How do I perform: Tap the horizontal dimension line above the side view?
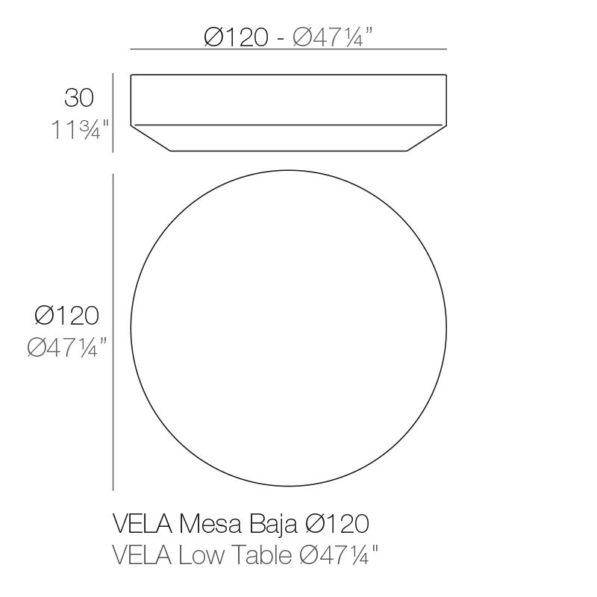tap(288, 49)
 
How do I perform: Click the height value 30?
tap(79, 98)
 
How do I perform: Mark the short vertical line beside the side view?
tap(113, 112)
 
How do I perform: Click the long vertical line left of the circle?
tap(113, 332)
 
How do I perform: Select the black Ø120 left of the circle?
tap(66, 316)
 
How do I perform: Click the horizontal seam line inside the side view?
tap(288, 124)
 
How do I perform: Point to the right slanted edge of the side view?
tap(428, 137)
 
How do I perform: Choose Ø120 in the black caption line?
tap(337, 525)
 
